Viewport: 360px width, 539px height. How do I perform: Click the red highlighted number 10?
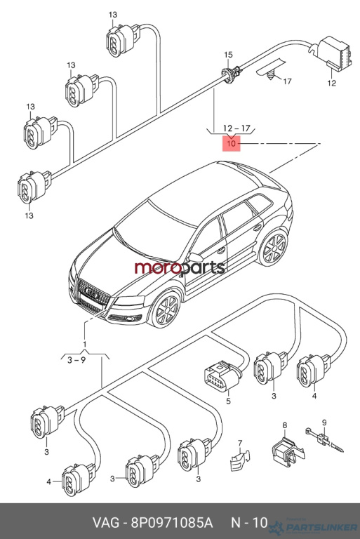(232, 143)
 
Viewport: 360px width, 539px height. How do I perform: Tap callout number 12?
(331, 83)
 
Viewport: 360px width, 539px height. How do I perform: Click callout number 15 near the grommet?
(228, 55)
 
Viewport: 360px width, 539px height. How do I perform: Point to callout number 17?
(287, 81)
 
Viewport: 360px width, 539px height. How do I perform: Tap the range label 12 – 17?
(236, 128)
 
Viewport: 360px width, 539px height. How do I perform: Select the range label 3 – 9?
(76, 360)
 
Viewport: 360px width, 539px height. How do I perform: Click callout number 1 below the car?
(84, 344)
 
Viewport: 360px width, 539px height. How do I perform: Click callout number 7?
(240, 443)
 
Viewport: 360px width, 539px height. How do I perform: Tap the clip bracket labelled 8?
(288, 451)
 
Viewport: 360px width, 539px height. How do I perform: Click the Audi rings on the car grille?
(92, 293)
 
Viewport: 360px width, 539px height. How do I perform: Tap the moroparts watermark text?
(180, 268)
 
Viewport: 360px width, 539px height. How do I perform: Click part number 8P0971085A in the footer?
(171, 522)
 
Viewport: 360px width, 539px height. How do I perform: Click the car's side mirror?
(195, 257)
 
